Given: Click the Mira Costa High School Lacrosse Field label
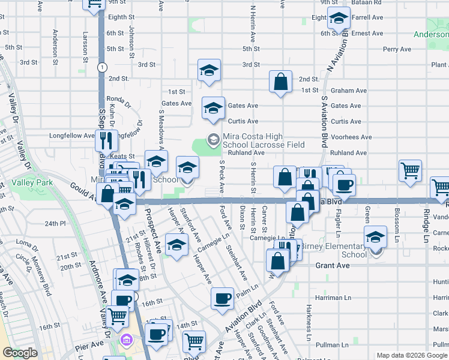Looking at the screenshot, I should (264, 140).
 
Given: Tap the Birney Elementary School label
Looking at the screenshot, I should (333, 250).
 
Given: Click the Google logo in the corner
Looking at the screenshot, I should (20, 353).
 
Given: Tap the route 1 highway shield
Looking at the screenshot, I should (103, 66).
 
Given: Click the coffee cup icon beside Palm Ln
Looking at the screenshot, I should (222, 298).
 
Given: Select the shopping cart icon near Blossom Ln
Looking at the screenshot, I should (410, 170).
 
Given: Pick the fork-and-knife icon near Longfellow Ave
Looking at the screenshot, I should (104, 141).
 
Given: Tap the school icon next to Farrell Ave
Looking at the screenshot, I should (339, 20).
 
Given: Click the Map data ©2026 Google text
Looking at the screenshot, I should (411, 355).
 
